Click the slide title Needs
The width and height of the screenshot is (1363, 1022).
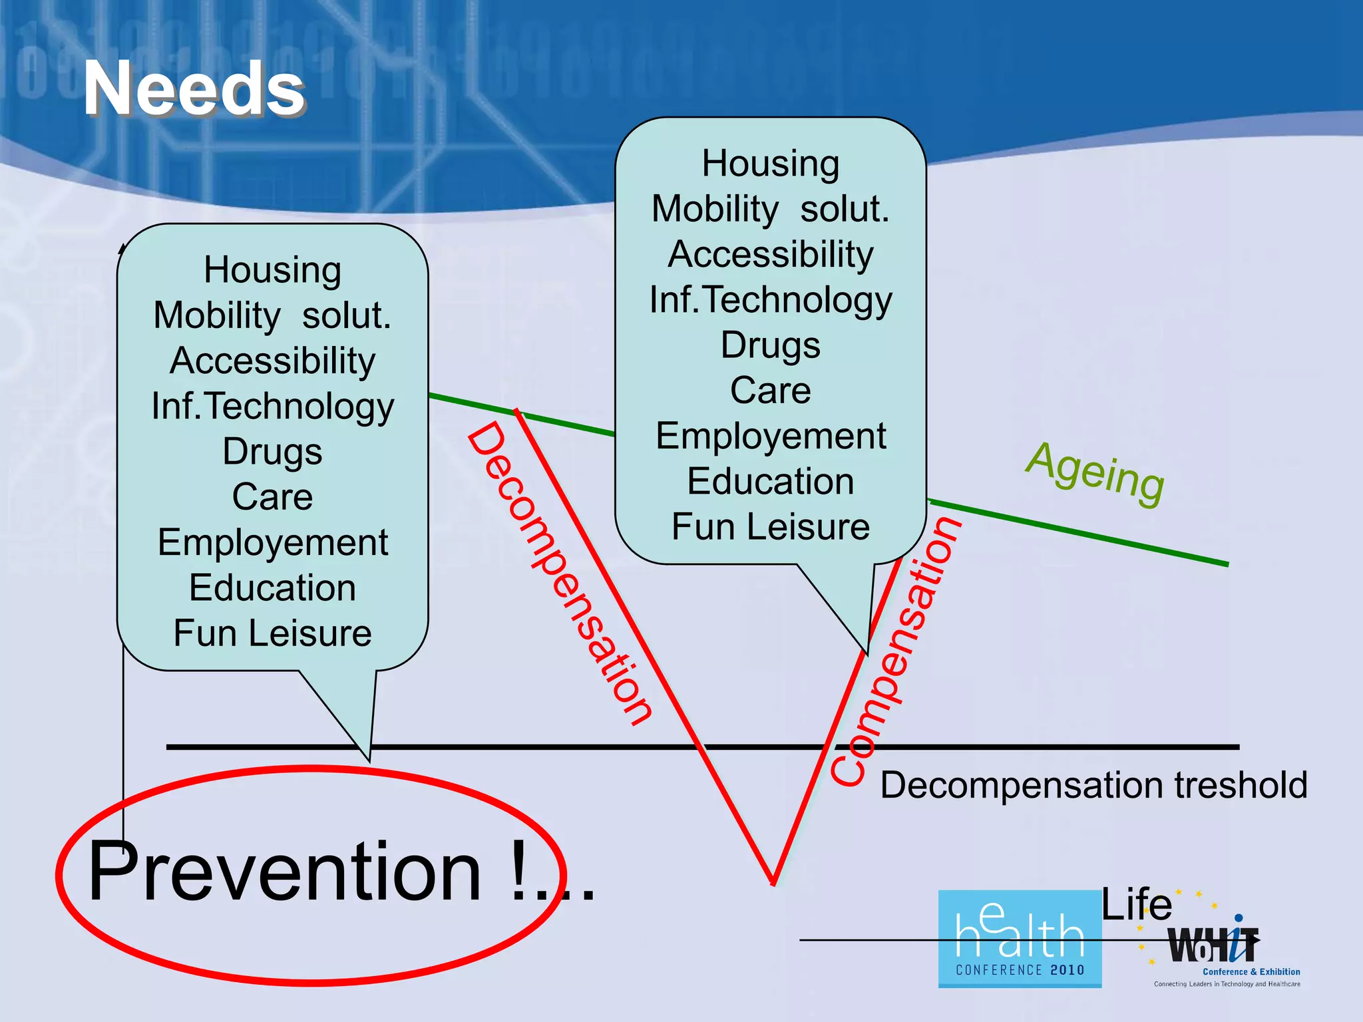point(193,88)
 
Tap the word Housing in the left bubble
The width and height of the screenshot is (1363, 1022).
point(272,270)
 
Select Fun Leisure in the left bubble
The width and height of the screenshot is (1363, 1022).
point(272,633)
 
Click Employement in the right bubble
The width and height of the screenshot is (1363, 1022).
point(771,436)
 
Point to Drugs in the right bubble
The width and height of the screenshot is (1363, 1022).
point(771,345)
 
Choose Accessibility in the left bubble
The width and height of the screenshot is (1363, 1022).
point(272,361)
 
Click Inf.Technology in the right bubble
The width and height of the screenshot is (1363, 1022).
point(771,299)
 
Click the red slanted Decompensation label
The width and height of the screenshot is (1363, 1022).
point(559,572)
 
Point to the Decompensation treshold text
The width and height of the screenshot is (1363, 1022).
point(1093,785)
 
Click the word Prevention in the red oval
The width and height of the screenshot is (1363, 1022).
point(285,872)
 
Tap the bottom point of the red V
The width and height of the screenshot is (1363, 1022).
point(773,882)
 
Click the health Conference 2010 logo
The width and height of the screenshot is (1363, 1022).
point(1020,939)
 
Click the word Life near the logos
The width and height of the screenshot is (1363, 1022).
point(1137,905)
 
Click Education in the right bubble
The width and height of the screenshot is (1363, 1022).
point(771,482)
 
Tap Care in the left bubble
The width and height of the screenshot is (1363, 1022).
point(272,497)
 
